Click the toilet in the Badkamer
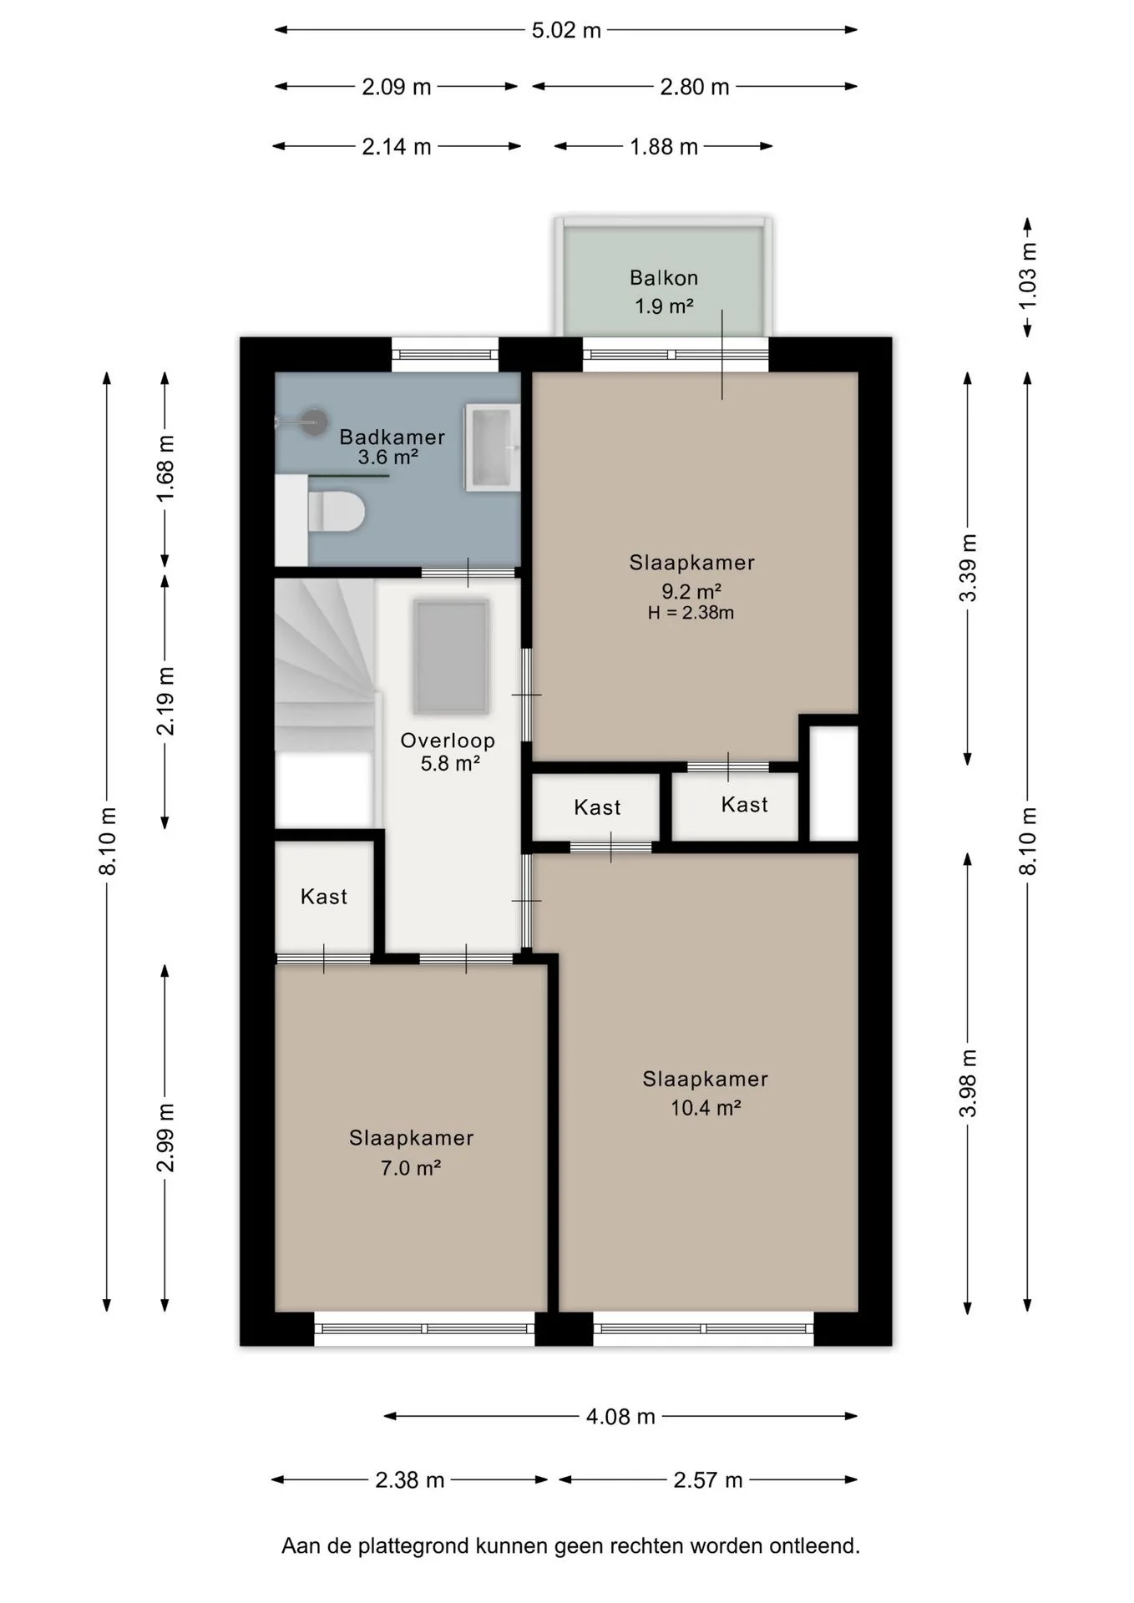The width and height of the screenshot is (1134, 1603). pyautogui.click(x=337, y=512)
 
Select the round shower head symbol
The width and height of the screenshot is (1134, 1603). pyautogui.click(x=315, y=422)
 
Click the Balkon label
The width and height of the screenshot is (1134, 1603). pyautogui.click(x=664, y=277)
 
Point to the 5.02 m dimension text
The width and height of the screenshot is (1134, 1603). pyautogui.click(x=566, y=31)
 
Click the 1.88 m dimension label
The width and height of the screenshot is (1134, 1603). pyautogui.click(x=664, y=147)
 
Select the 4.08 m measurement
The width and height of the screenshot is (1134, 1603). pyautogui.click(x=620, y=1417)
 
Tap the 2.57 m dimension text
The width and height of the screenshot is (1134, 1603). pyautogui.click(x=708, y=1480)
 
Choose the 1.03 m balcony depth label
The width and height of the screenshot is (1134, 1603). pyautogui.click(x=1028, y=276)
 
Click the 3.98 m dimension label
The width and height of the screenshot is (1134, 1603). pyautogui.click(x=968, y=1083)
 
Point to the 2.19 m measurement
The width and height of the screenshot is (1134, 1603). pyautogui.click(x=165, y=701)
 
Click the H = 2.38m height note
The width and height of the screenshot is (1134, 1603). pyautogui.click(x=691, y=613)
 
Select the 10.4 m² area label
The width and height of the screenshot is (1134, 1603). pyautogui.click(x=706, y=1108)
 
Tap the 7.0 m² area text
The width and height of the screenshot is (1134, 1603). pyautogui.click(x=411, y=1168)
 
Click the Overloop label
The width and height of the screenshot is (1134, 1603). pyautogui.click(x=448, y=741)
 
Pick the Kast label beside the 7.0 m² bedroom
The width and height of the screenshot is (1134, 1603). pyautogui.click(x=324, y=897)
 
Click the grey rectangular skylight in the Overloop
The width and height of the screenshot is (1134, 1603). pyautogui.click(x=451, y=657)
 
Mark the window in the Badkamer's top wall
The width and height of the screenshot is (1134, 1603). pyautogui.click(x=445, y=355)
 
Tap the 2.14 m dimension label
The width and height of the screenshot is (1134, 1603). pyautogui.click(x=397, y=147)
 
